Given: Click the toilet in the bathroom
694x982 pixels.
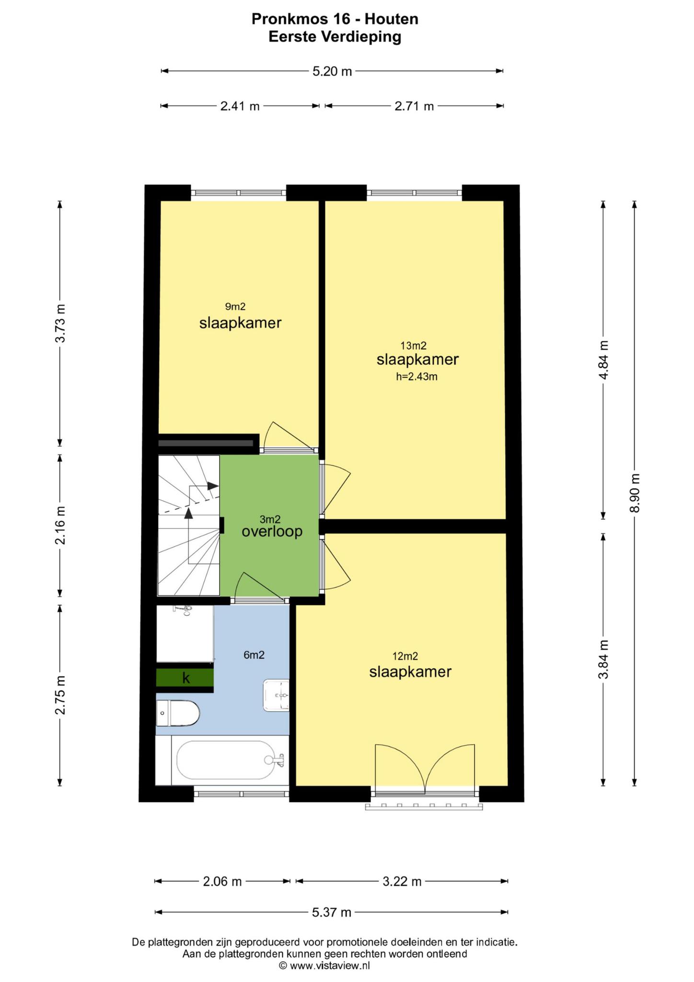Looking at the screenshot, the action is click(178, 714).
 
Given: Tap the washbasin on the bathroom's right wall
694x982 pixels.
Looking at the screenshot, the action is click(276, 695).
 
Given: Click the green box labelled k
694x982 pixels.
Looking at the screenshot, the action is click(185, 678).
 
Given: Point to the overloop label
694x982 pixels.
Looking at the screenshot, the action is click(272, 531).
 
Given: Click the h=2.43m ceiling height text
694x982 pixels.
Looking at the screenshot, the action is click(416, 376).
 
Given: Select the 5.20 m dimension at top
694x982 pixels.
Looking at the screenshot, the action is click(332, 71).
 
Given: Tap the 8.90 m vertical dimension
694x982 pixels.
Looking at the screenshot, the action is click(635, 493).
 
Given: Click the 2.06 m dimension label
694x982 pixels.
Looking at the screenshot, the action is click(222, 881).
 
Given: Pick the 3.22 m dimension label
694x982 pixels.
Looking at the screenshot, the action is click(402, 881).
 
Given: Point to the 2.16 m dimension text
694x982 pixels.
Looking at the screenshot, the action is click(60, 526).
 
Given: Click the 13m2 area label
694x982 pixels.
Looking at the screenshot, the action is click(414, 345).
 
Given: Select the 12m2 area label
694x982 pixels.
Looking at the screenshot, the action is click(405, 656).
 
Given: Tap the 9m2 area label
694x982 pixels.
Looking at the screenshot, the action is click(235, 306).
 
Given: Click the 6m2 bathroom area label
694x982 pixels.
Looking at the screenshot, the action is click(254, 655).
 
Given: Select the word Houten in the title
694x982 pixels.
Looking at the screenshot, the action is click(392, 19).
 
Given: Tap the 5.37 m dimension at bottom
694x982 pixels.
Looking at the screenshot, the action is click(332, 912).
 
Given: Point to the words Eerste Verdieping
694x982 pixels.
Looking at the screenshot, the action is click(335, 37).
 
